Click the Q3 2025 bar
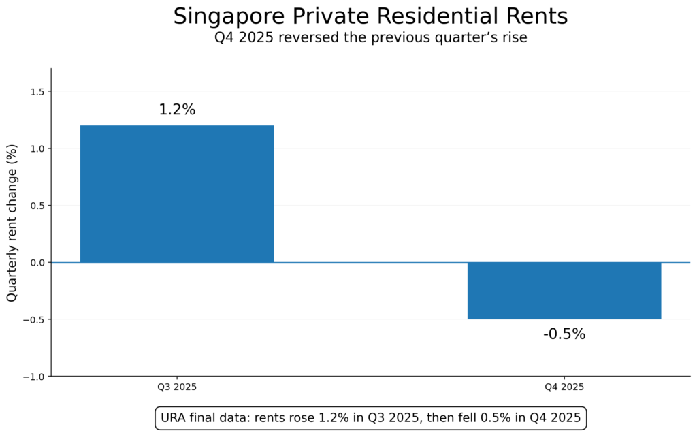(177, 194)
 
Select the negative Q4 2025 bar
(564, 291)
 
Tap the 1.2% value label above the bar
(177, 110)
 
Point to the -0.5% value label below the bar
(564, 334)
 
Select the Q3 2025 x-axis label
(177, 387)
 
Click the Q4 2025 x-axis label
(564, 387)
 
